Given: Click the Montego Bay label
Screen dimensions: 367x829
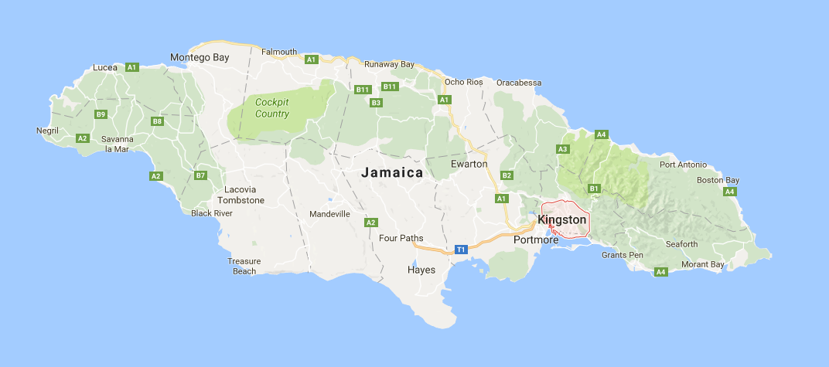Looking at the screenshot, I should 200,57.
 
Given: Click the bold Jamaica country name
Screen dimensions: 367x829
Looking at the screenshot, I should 393,173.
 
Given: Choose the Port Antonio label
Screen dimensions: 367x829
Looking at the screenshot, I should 684,165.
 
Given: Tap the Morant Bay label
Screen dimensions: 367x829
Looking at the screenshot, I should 703,265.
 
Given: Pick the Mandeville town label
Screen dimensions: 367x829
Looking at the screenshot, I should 329,214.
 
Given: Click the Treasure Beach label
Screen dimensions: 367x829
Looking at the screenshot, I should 244,266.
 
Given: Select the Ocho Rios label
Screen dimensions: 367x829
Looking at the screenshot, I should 464,82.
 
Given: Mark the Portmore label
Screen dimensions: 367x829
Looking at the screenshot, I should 536,240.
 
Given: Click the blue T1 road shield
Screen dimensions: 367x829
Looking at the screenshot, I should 461,250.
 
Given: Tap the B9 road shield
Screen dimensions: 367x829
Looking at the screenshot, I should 101,114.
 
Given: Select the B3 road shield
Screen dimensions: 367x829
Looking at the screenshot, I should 377,103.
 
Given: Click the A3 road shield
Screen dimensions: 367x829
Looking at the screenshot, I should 562,149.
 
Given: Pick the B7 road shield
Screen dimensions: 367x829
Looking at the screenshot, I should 200,175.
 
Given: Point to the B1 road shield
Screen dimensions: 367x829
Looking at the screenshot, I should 594,188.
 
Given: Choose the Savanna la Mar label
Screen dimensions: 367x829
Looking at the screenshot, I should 118,144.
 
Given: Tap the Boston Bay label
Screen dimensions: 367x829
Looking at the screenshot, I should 718,180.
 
